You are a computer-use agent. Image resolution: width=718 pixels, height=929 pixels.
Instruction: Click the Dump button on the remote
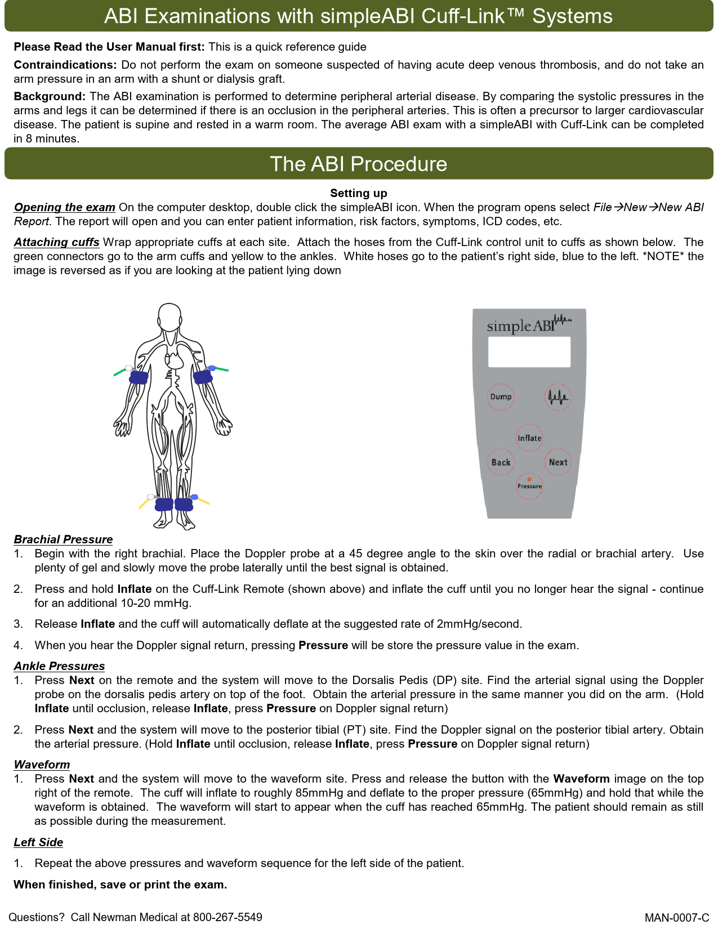click(x=501, y=397)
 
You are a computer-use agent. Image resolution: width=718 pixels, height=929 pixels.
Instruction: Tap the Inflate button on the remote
click(x=529, y=438)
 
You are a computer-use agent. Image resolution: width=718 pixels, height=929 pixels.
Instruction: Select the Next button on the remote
click(x=558, y=462)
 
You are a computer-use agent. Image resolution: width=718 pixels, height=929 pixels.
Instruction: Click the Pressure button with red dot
click(x=529, y=485)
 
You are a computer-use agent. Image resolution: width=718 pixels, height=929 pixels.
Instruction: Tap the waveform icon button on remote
click(x=559, y=397)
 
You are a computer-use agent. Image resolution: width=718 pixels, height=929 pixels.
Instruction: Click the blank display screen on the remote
click(x=529, y=352)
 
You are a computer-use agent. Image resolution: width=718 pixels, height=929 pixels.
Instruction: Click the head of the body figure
click(x=169, y=318)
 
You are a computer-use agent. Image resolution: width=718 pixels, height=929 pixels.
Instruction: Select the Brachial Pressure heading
click(x=63, y=539)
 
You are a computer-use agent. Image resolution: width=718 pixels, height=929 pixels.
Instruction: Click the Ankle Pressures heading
click(x=59, y=666)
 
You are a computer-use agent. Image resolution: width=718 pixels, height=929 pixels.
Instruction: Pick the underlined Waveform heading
click(x=42, y=765)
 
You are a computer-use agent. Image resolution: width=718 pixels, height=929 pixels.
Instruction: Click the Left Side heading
click(x=38, y=842)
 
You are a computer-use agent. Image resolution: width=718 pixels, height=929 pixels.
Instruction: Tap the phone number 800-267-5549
click(x=228, y=917)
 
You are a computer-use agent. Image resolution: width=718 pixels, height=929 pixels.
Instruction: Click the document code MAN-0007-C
click(x=676, y=918)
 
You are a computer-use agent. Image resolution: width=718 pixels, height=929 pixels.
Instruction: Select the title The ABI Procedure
click(x=359, y=164)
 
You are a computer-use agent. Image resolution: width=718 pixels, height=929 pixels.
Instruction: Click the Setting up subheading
click(x=359, y=193)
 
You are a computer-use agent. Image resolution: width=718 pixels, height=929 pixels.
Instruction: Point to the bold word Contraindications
click(x=65, y=65)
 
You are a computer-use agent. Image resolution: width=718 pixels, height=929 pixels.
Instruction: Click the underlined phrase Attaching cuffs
click(x=56, y=242)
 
